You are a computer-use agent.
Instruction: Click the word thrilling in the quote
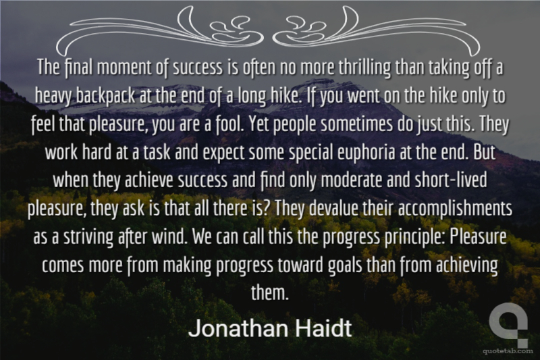tap(364, 68)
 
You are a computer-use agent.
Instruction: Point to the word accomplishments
tap(455, 209)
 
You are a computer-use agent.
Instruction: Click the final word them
tap(269, 293)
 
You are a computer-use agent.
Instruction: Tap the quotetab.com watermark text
tap(508, 351)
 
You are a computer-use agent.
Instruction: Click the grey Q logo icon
tap(508, 324)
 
